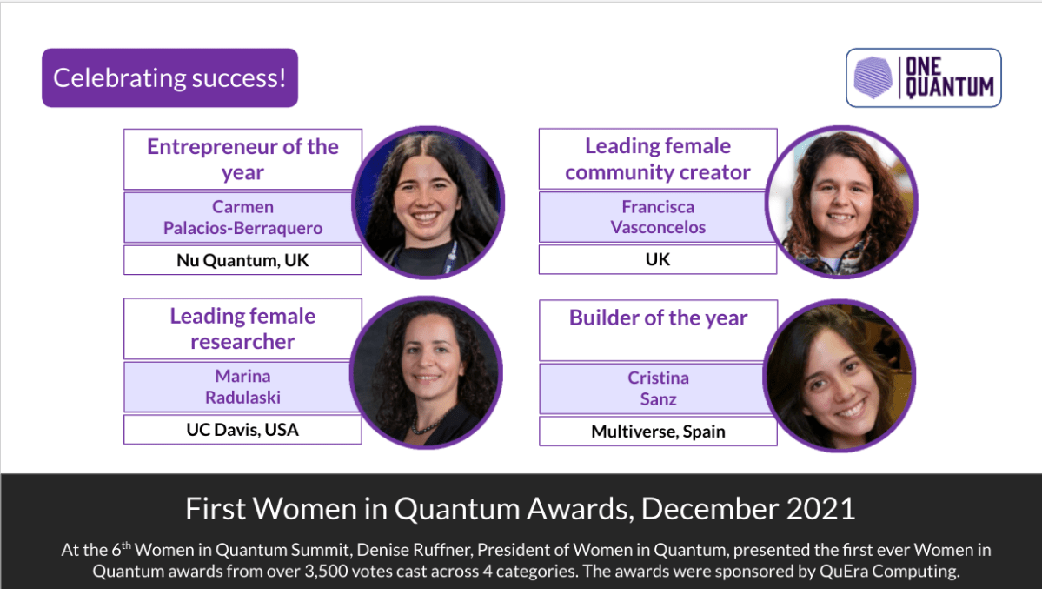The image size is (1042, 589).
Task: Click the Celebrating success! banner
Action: pos(169,78)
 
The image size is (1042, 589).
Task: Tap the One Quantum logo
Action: pos(923,77)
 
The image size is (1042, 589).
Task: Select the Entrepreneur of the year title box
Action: pos(242,159)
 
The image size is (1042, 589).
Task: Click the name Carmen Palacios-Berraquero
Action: pos(242,218)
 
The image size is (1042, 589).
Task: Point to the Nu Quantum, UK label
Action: pos(242,260)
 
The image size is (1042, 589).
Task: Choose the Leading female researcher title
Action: pos(242,329)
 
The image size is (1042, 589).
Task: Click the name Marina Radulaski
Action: pos(242,386)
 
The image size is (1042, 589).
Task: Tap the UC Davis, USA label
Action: pos(242,430)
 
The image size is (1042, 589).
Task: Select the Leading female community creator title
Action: pos(658,159)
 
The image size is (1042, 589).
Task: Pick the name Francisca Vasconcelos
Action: pos(658,218)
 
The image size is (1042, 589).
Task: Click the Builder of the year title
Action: pos(658,318)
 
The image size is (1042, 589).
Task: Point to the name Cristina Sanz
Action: pos(658,388)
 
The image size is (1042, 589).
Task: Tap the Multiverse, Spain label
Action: pos(658,432)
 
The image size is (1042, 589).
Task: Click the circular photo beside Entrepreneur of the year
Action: pos(428,202)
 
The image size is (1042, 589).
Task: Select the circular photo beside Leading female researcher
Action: pos(427,372)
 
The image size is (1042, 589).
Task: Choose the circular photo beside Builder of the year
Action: pos(840,375)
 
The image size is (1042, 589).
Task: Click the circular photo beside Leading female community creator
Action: pos(841,202)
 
